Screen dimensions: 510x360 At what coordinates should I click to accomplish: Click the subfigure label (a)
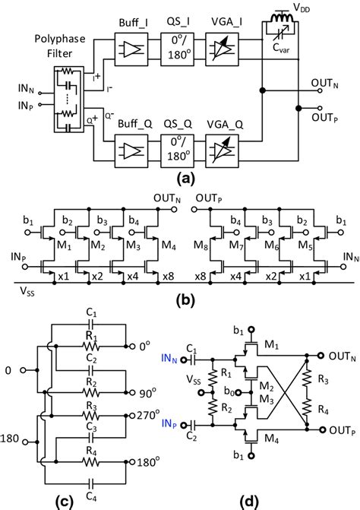coord(181,181)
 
